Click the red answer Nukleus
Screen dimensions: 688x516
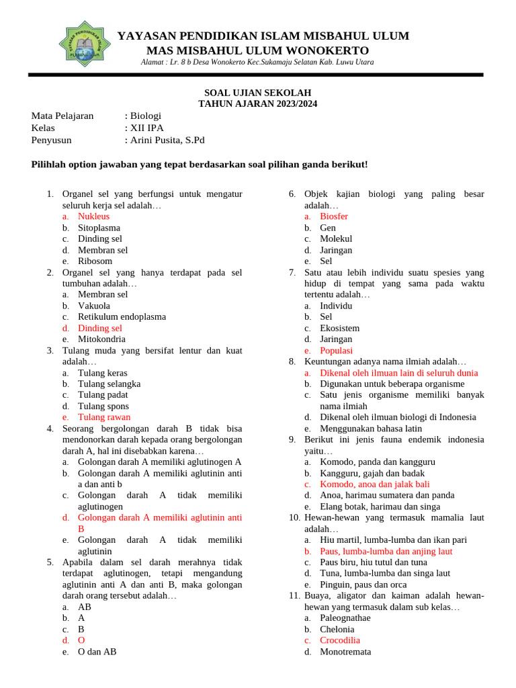[x=93, y=216]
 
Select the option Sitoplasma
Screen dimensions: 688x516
[x=99, y=228]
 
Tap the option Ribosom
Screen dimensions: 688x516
[x=95, y=261]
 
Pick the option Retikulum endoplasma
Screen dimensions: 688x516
[x=122, y=316]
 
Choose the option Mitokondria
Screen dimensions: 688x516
[x=101, y=339]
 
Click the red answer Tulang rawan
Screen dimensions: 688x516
[x=104, y=417]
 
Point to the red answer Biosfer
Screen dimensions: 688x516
[x=334, y=216]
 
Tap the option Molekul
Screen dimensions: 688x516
[x=336, y=239]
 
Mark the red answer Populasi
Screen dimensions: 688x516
[x=336, y=350]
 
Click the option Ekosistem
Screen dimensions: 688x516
[x=339, y=328]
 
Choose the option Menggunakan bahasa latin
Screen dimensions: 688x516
[x=372, y=428]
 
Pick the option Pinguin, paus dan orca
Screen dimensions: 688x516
[x=363, y=585]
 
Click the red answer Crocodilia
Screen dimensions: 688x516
[x=340, y=640]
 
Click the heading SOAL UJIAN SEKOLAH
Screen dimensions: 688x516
[x=258, y=92]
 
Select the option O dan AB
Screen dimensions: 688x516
[x=97, y=651]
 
